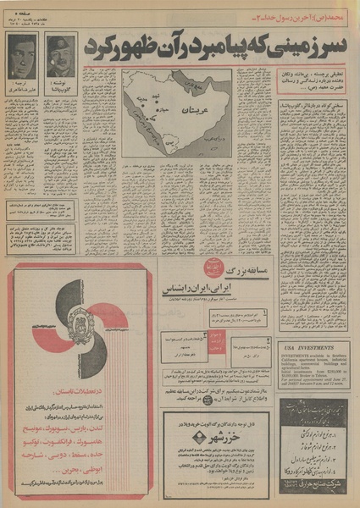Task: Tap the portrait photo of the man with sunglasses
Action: pyautogui.click(x=61, y=56)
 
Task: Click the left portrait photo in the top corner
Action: pyautogui.click(x=22, y=56)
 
